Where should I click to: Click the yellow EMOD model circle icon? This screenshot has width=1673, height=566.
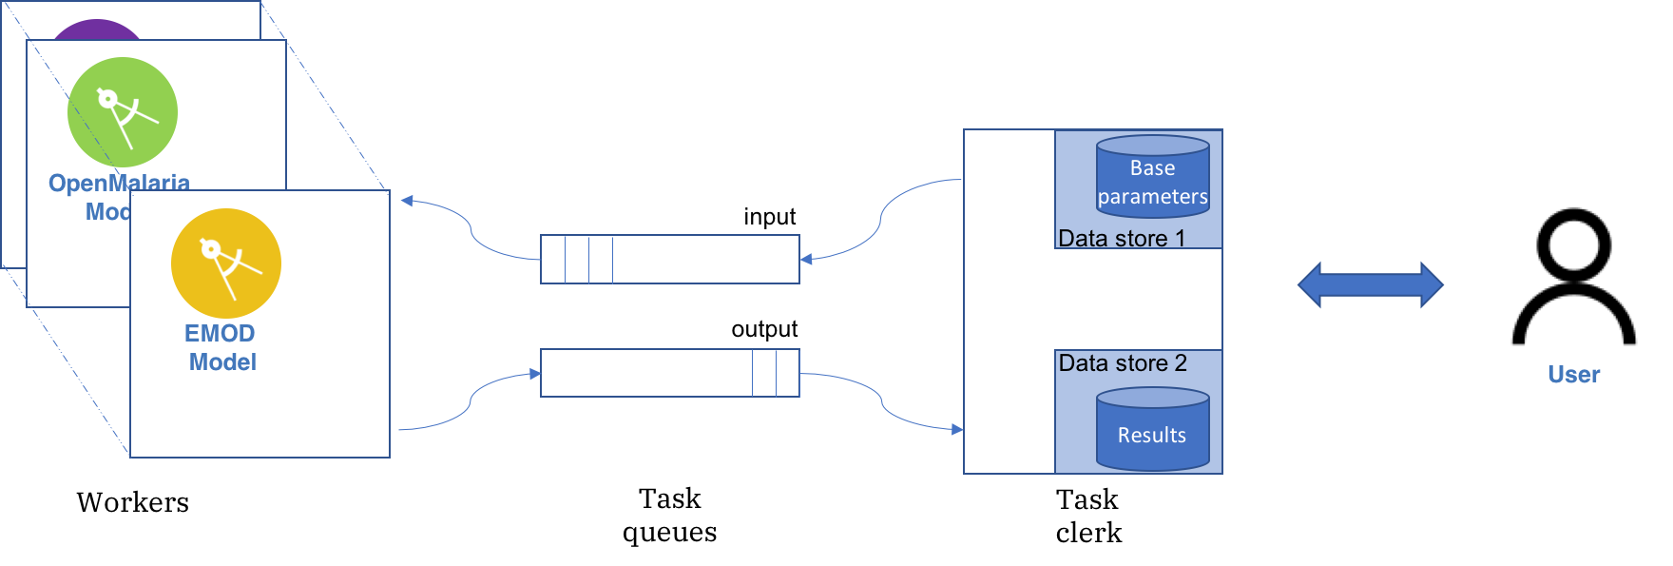tap(226, 263)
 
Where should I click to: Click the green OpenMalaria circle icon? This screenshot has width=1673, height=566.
tap(122, 112)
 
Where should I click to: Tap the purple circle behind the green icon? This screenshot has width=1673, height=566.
tap(95, 29)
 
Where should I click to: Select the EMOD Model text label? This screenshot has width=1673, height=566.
tap(221, 347)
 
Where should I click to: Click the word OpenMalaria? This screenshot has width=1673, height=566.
tap(119, 183)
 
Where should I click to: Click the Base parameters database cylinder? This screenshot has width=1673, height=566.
tap(1152, 177)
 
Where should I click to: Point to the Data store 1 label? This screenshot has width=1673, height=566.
tap(1121, 239)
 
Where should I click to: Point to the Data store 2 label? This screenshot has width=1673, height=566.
tap(1122, 363)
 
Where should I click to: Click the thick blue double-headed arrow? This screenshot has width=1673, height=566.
tap(1370, 284)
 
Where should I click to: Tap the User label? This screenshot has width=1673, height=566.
tap(1573, 375)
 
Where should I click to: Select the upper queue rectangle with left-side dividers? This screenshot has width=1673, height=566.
tap(669, 259)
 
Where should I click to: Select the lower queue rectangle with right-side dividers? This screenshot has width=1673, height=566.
tap(669, 373)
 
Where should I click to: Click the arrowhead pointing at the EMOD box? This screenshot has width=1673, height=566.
tap(407, 201)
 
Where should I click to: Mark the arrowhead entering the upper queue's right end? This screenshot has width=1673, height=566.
tap(806, 259)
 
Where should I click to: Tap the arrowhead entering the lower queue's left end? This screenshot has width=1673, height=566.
tap(535, 374)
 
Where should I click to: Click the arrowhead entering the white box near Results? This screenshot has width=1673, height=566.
tap(957, 429)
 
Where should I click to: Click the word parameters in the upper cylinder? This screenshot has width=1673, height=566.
tap(1152, 197)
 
